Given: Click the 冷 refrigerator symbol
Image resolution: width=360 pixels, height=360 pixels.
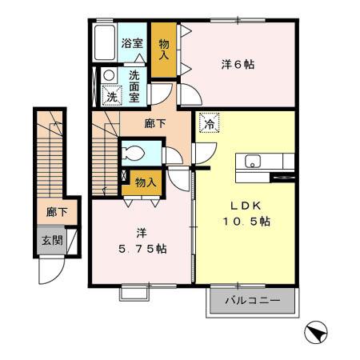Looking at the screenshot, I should (x=208, y=124).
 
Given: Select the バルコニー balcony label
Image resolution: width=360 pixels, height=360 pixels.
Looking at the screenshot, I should (x=251, y=302).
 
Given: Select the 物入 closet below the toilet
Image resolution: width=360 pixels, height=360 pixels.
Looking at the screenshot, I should (x=145, y=182).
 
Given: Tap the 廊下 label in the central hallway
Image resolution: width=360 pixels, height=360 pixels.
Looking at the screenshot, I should (x=155, y=124).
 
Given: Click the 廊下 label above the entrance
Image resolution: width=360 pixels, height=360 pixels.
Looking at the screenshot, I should (x=56, y=212).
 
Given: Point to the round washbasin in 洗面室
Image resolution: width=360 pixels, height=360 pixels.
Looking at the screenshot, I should (x=110, y=78).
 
